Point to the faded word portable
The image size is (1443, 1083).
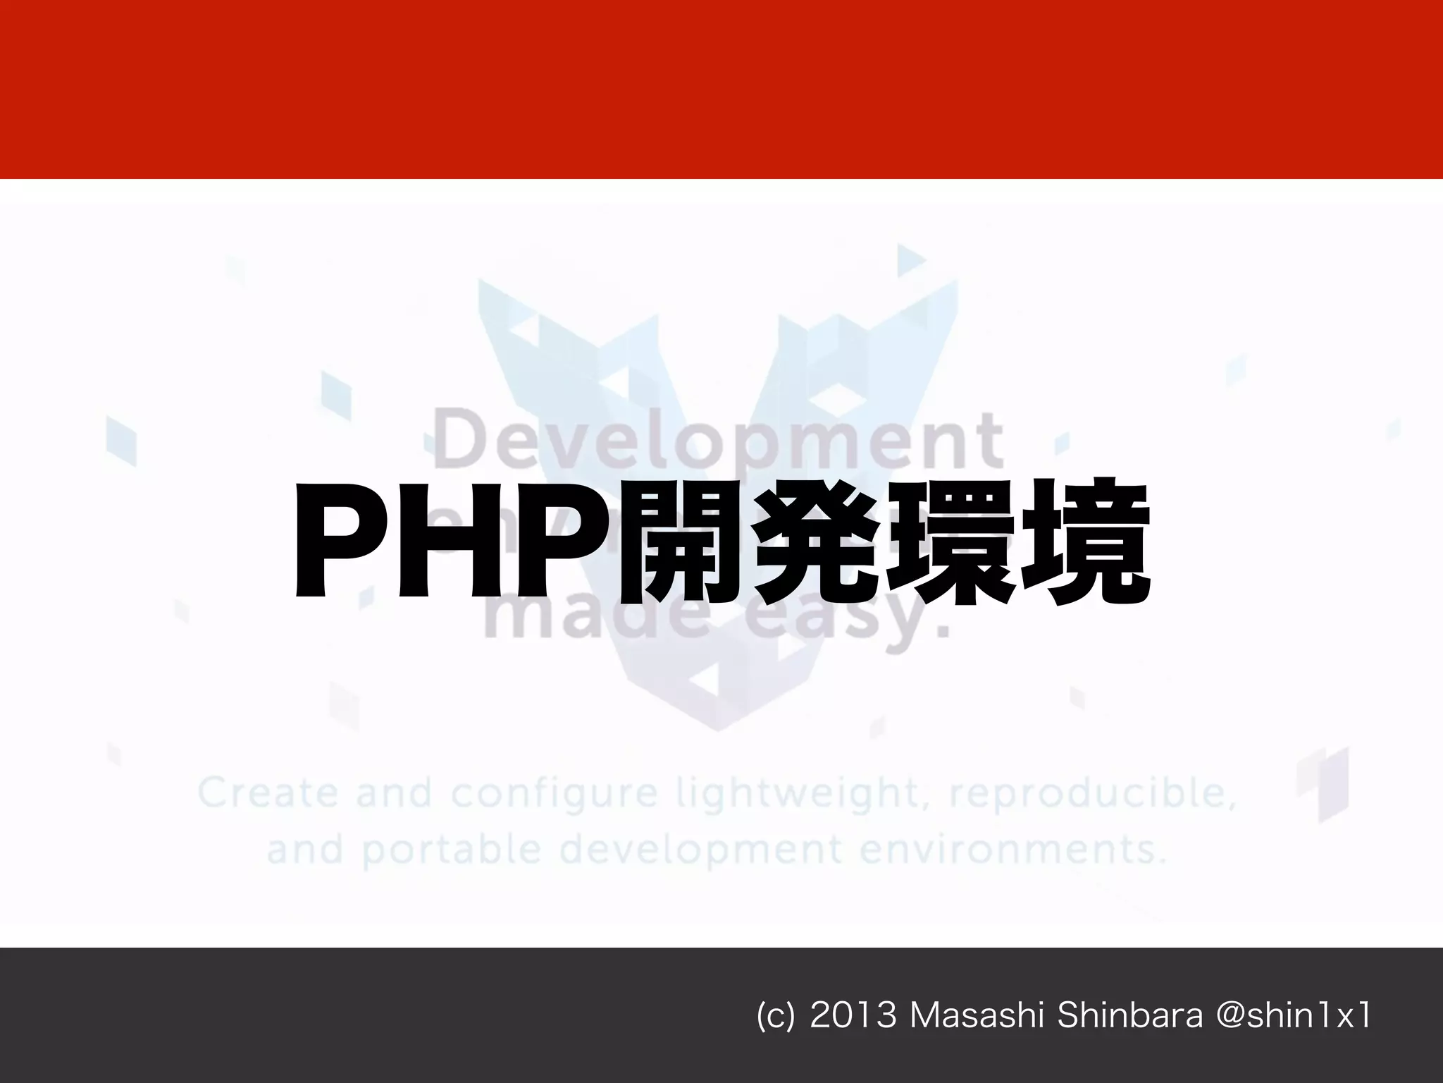[x=452, y=850]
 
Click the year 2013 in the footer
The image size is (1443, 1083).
[x=853, y=1016]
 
